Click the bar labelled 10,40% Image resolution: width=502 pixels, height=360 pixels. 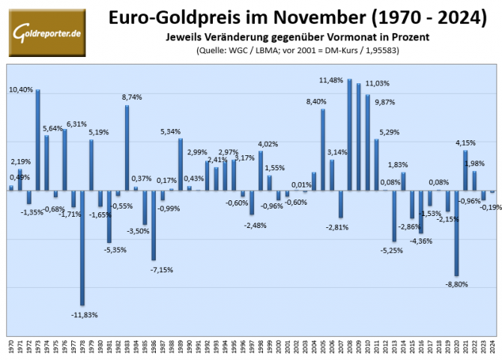click(38, 139)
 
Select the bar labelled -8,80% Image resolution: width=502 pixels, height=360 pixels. click(456, 232)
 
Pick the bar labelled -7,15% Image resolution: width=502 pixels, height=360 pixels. click(154, 225)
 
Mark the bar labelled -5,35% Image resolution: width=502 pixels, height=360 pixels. click(109, 216)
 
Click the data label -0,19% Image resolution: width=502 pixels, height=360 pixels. click(491, 207)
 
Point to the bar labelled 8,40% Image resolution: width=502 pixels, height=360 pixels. click(323, 149)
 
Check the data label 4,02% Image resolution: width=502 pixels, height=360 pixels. click(268, 144)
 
